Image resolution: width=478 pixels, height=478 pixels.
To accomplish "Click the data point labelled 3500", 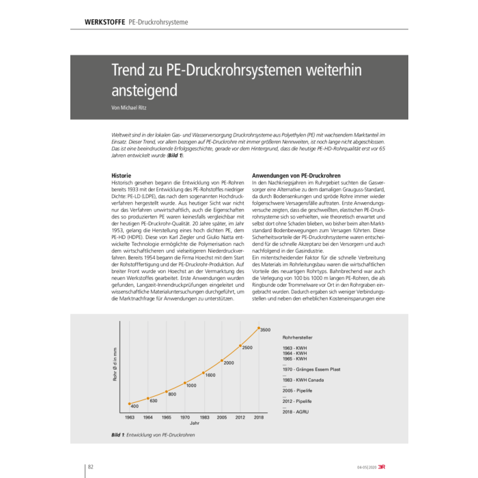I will click(x=258, y=328).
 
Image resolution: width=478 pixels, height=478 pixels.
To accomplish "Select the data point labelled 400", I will click(x=129, y=404).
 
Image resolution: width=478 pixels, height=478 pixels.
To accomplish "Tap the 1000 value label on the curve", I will click(x=191, y=385).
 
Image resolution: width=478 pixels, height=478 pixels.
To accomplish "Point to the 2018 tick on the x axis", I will click(x=258, y=416).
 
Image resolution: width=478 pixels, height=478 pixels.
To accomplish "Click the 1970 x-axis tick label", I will click(x=185, y=416).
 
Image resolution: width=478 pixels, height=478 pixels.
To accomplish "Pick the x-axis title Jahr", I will click(x=195, y=423).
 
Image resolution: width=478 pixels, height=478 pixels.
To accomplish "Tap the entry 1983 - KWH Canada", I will click(x=305, y=380).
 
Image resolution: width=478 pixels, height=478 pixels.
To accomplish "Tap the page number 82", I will click(x=90, y=466).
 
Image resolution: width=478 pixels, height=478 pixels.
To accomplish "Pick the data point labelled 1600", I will click(x=203, y=373).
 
